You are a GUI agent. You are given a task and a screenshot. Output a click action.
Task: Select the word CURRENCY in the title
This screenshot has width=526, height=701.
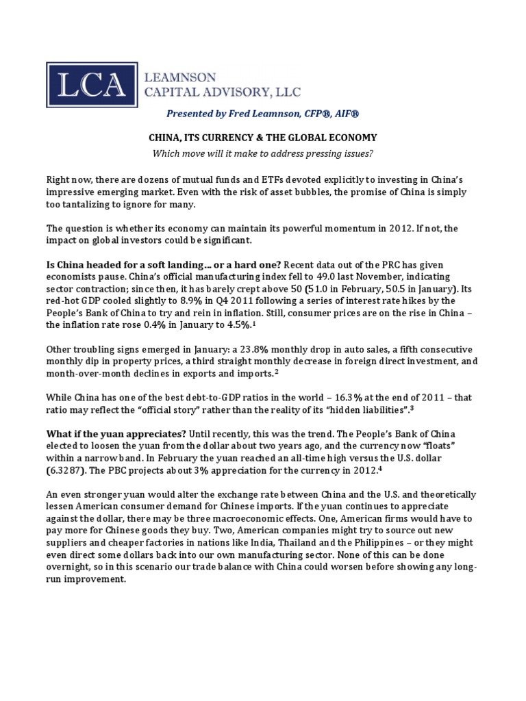click(x=252, y=138)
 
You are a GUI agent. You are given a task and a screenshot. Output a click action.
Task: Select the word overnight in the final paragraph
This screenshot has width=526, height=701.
click(x=69, y=566)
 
